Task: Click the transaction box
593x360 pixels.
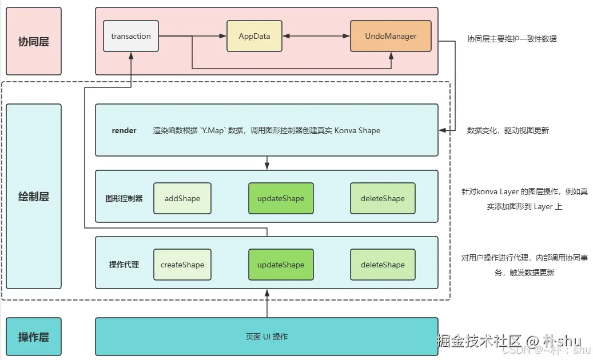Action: click(131, 37)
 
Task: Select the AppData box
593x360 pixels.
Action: click(254, 37)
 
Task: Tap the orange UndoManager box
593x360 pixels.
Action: click(391, 37)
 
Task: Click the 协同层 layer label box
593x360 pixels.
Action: click(34, 42)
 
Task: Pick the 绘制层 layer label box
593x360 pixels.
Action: click(34, 197)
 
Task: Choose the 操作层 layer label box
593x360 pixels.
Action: click(34, 337)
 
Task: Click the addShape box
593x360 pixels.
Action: click(182, 199)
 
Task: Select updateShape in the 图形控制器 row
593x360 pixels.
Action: click(281, 199)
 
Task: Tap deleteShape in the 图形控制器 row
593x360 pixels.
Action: click(383, 199)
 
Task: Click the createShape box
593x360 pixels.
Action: click(182, 265)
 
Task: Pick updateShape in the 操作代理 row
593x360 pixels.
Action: click(281, 265)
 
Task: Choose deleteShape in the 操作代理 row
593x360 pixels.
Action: click(383, 265)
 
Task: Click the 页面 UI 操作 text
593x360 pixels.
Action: click(266, 337)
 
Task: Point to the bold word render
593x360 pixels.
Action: click(124, 131)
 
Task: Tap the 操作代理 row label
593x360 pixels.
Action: click(124, 265)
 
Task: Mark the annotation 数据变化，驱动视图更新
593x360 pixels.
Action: click(508, 131)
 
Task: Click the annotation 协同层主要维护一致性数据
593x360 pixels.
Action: click(512, 39)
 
